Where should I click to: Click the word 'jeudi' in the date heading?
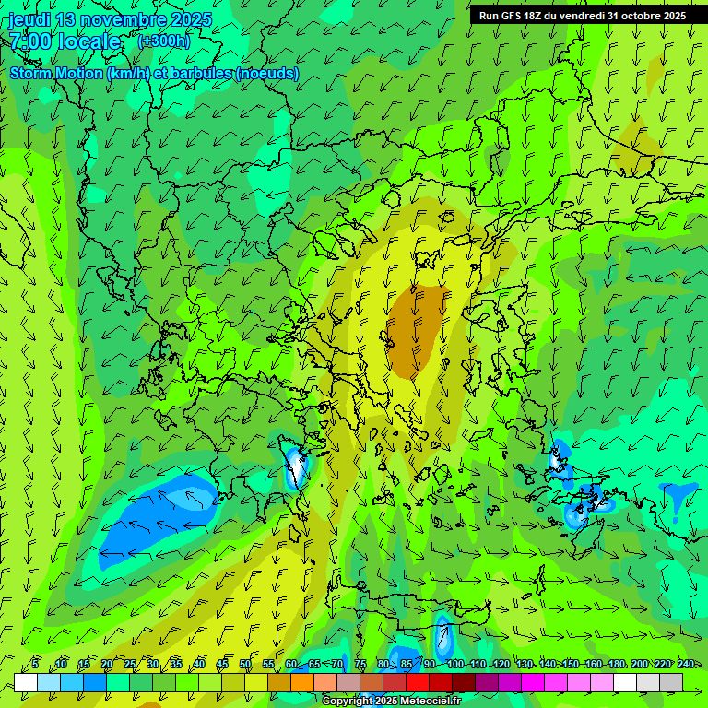(31, 19)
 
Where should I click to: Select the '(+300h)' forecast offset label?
(163, 41)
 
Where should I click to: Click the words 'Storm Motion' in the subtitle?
(55, 73)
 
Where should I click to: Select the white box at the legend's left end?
(26, 682)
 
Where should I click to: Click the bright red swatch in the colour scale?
(418, 682)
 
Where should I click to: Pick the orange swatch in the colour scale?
(302, 682)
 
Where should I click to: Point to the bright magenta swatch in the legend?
(533, 682)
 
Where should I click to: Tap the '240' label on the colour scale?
(685, 665)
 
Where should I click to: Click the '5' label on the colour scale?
(35, 665)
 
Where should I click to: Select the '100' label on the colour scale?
(454, 665)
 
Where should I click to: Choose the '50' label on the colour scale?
(245, 665)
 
